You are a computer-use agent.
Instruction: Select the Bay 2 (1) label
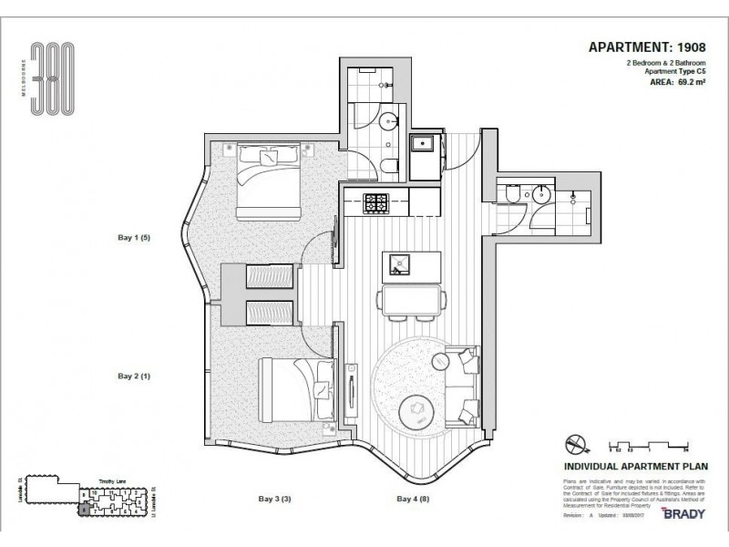coord(134,375)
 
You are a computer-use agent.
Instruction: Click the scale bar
coord(646,447)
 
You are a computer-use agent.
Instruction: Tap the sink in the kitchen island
coord(398,264)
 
